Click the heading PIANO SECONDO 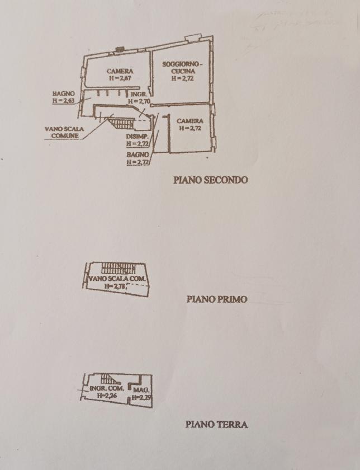(210, 180)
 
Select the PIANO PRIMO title (216, 299)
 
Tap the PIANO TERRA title (216, 424)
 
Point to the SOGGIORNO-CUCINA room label (182, 68)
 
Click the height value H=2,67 (120, 78)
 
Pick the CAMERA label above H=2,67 (120, 71)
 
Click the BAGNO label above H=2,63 (63, 93)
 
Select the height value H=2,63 (63, 101)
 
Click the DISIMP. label (137, 137)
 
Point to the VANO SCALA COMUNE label (64, 132)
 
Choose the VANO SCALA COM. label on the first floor (116, 278)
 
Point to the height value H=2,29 (142, 397)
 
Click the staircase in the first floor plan (118, 267)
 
